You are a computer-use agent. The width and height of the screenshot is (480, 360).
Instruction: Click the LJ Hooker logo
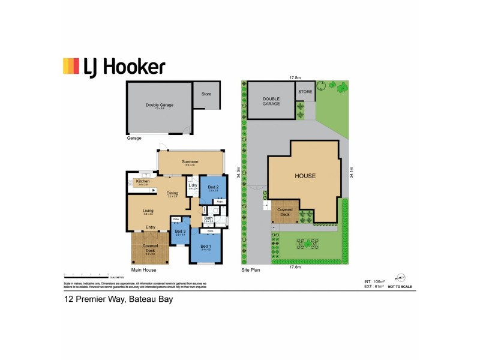click(113, 67)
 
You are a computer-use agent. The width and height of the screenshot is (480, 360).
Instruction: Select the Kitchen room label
click(142, 181)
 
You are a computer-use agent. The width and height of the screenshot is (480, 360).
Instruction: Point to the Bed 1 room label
click(205, 247)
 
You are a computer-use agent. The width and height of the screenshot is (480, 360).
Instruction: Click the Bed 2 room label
click(212, 188)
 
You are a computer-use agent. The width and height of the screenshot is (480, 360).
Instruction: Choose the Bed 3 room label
click(179, 232)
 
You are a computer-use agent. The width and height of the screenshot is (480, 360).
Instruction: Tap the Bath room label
click(208, 218)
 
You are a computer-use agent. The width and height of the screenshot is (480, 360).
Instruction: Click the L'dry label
click(193, 185)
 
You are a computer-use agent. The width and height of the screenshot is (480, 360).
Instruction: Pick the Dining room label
click(173, 193)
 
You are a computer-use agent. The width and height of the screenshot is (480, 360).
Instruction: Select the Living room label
click(148, 211)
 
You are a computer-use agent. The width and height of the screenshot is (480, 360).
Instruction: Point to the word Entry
click(150, 227)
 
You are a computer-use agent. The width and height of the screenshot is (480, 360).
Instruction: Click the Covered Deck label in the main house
click(150, 248)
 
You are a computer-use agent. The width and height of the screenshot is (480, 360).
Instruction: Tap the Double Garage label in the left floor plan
click(160, 105)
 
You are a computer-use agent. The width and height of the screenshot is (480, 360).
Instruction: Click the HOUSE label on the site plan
click(305, 176)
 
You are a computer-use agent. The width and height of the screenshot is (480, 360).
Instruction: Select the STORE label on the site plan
click(306, 92)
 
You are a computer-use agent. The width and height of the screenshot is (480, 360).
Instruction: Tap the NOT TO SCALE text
click(400, 287)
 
